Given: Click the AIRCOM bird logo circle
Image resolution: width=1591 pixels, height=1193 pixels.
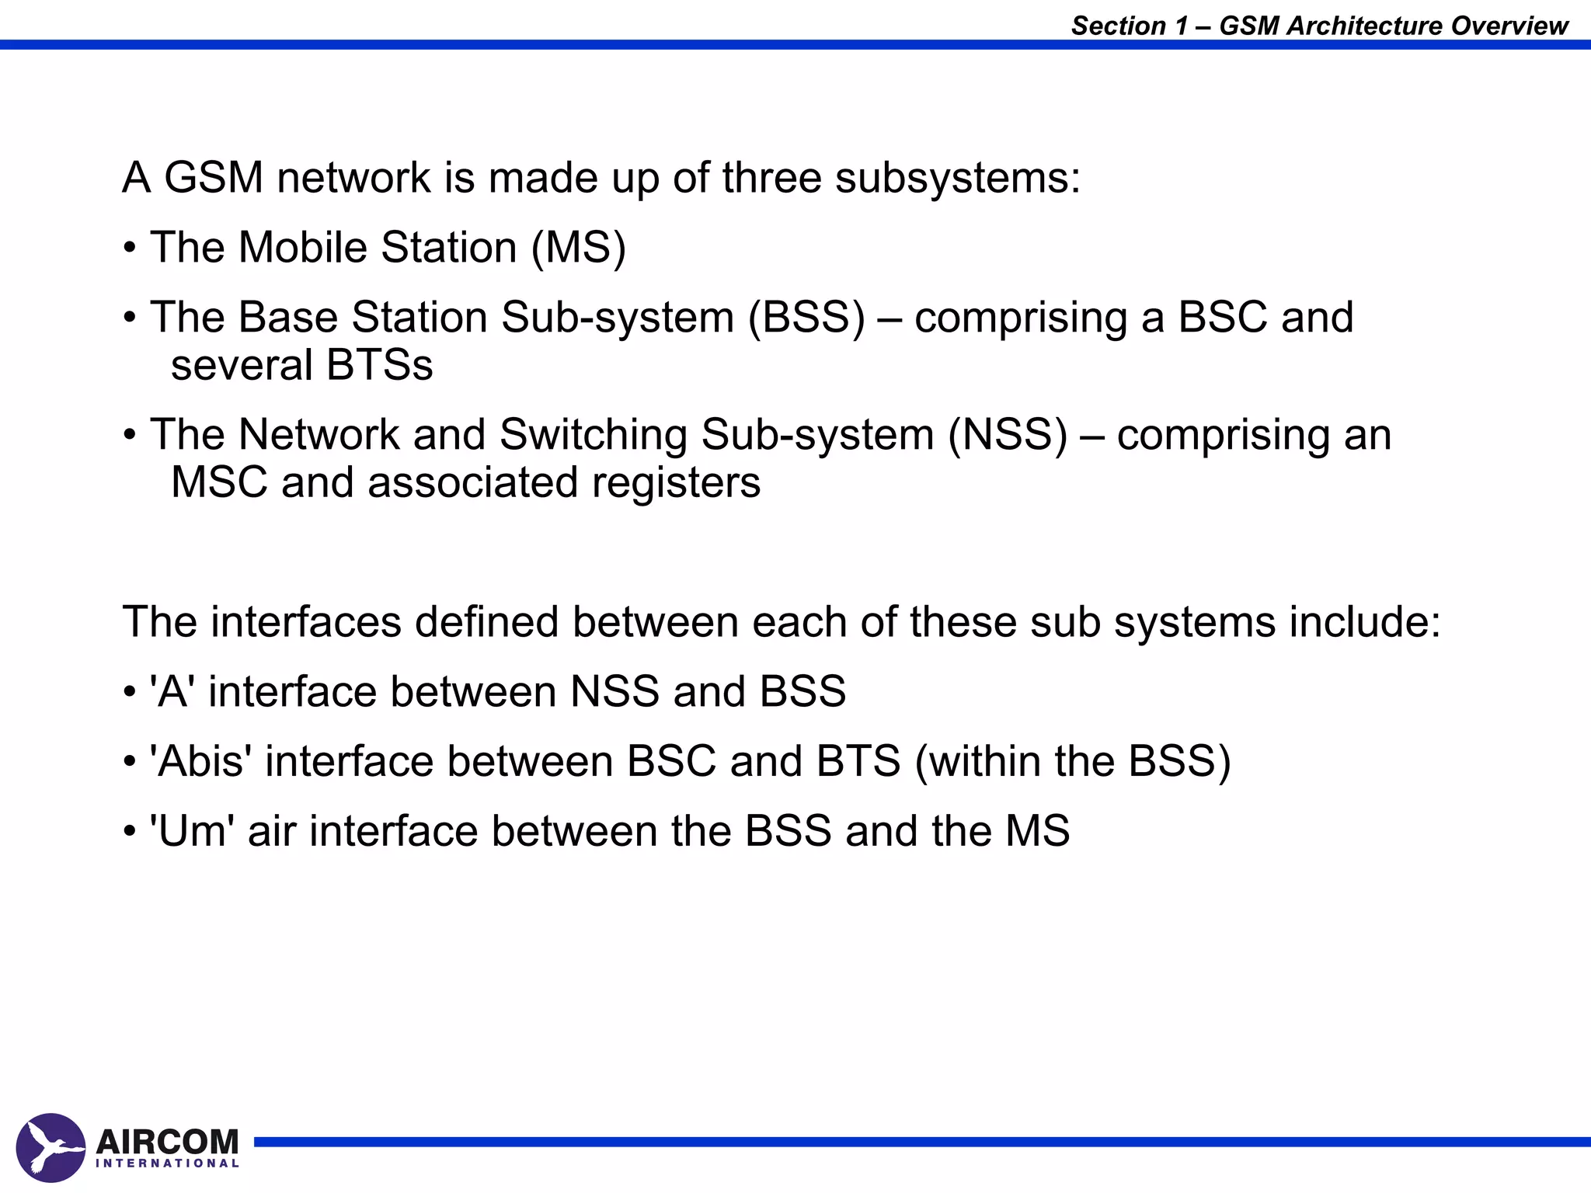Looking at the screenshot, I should click(50, 1147).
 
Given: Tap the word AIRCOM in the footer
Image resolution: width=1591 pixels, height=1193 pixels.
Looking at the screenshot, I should click(167, 1142).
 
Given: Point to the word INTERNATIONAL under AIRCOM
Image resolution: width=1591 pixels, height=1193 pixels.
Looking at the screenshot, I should click(167, 1163).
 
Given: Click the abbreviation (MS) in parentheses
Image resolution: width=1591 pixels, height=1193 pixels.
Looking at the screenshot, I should click(579, 248).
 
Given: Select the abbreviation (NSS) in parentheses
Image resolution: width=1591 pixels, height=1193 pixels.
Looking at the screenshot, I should click(1008, 435).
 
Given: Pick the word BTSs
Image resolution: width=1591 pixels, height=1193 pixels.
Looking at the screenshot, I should click(380, 365).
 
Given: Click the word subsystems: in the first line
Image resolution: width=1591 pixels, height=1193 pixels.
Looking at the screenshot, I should click(958, 179).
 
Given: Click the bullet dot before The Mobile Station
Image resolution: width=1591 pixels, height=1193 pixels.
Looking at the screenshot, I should click(130, 249).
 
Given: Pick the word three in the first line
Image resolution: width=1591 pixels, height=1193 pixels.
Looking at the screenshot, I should click(771, 178).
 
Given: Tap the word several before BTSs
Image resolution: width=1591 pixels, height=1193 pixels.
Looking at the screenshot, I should click(242, 365).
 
